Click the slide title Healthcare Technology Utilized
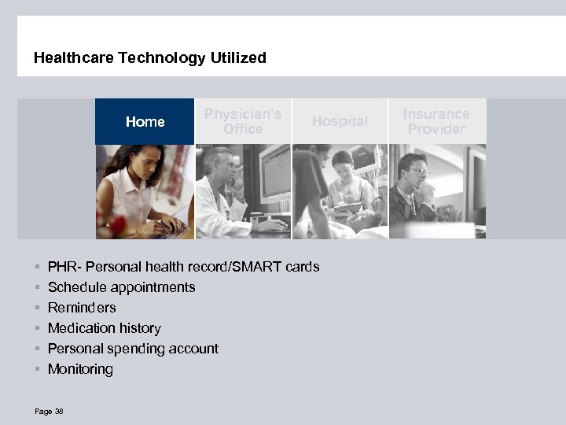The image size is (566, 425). pyautogui.click(x=150, y=58)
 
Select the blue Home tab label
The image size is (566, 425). pyautogui.click(x=145, y=122)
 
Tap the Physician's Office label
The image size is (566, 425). pyautogui.click(x=243, y=122)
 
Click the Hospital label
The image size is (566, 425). pyautogui.click(x=340, y=121)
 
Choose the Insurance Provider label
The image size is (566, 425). pyautogui.click(x=436, y=122)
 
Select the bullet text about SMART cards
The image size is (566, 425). pyautogui.click(x=183, y=267)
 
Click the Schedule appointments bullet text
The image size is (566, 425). pyautogui.click(x=121, y=287)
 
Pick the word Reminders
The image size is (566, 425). pyautogui.click(x=82, y=308)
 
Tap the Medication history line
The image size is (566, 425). pyautogui.click(x=104, y=328)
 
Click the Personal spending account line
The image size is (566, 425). pyautogui.click(x=133, y=349)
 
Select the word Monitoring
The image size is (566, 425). pyautogui.click(x=80, y=369)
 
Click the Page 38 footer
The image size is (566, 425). pyautogui.click(x=49, y=411)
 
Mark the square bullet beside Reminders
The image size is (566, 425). pyautogui.click(x=37, y=309)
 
